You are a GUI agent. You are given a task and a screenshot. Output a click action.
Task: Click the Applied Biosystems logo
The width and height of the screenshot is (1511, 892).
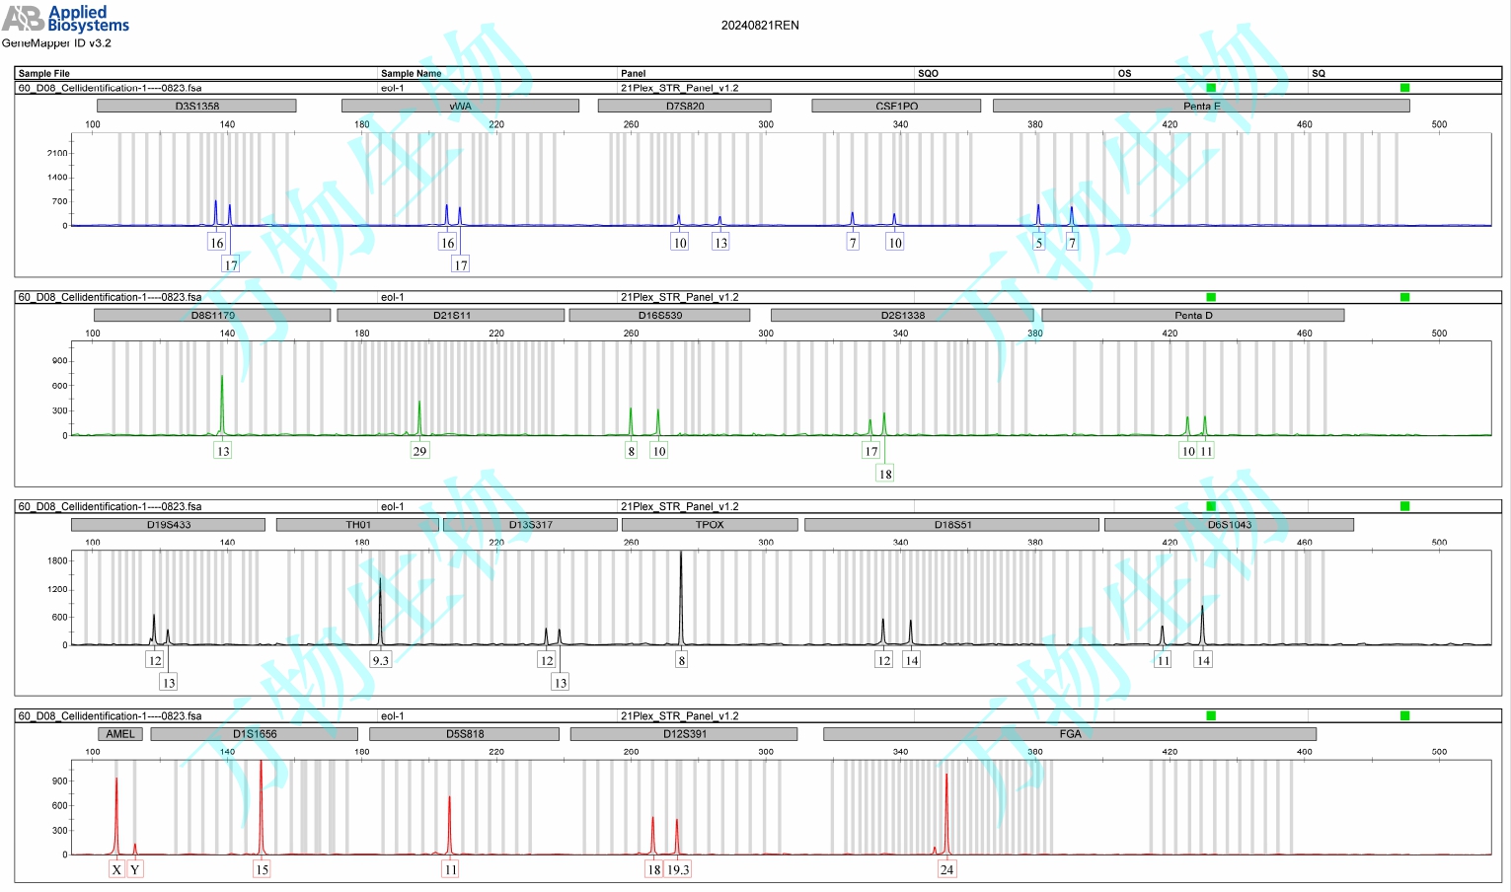click(65, 18)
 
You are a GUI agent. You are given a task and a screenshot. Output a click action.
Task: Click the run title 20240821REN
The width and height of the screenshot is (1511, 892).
click(760, 26)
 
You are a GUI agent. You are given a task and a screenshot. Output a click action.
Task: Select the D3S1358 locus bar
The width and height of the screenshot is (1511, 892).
click(196, 106)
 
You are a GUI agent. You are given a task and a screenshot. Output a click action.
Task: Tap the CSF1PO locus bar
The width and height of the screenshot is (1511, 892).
click(896, 106)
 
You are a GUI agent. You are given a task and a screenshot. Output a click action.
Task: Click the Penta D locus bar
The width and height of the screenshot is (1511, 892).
click(1192, 316)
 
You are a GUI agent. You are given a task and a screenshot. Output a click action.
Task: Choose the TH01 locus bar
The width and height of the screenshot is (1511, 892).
click(357, 525)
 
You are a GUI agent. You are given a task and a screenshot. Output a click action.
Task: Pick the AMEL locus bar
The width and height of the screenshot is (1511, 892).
click(120, 734)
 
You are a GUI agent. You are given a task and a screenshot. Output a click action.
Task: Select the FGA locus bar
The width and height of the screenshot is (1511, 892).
click(1070, 734)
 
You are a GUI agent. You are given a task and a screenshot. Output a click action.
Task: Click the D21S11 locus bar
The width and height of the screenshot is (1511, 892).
click(451, 316)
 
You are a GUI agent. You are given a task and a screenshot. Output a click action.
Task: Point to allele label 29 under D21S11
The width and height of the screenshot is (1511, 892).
click(419, 451)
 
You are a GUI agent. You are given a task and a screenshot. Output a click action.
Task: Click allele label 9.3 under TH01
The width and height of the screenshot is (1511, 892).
click(380, 660)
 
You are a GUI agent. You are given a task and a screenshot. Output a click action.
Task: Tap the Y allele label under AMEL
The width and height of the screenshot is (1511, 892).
click(135, 869)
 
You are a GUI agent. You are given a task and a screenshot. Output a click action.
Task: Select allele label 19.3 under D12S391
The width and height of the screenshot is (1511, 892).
click(678, 869)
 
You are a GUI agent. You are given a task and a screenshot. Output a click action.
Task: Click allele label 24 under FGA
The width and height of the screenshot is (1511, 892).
click(946, 869)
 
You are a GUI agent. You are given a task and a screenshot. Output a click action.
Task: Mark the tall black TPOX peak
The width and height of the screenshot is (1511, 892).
click(681, 592)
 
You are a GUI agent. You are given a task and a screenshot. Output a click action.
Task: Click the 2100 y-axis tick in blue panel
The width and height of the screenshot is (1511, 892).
click(57, 153)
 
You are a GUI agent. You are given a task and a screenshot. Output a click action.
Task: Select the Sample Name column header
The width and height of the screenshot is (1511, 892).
click(411, 73)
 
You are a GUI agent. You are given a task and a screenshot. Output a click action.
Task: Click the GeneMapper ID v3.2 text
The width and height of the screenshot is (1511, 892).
click(56, 43)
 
